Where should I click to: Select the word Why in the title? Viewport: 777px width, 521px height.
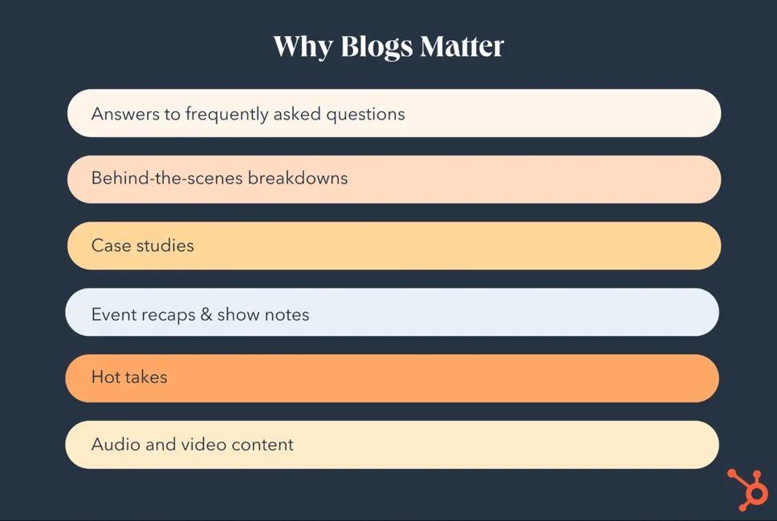302,47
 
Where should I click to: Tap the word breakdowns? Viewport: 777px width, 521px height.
298,178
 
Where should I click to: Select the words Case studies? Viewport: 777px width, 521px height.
143,245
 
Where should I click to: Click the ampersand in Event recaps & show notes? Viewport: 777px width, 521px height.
206,314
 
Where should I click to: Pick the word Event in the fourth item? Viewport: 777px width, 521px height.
113,314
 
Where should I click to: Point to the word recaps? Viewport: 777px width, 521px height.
168,315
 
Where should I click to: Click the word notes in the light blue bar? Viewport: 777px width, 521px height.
287,314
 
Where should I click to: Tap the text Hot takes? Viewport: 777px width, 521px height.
129,378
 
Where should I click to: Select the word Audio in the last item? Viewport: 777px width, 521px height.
114,444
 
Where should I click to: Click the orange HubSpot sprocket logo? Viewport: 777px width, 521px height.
748,489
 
